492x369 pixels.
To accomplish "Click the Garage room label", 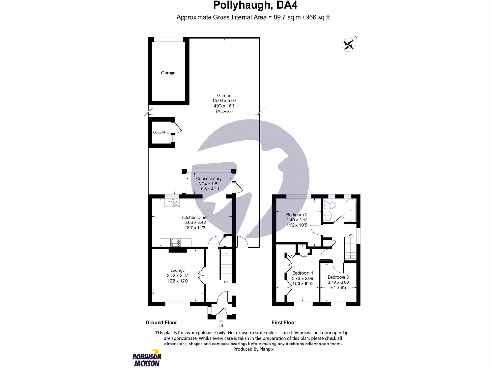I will point(168,73).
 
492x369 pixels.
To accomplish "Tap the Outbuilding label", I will point(161,132).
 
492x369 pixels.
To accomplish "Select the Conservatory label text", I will point(209,179).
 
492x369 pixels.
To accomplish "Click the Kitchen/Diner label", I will point(195,218).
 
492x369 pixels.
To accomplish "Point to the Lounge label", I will point(177,271).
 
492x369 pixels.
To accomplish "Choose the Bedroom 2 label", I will point(296,214).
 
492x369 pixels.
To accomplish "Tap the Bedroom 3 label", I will point(338,277).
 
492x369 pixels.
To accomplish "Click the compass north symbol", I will point(349,45).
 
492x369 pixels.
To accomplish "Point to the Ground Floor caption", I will point(161,323).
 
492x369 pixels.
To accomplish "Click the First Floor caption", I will point(284,323).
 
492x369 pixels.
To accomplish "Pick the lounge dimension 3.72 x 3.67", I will point(177,276).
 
